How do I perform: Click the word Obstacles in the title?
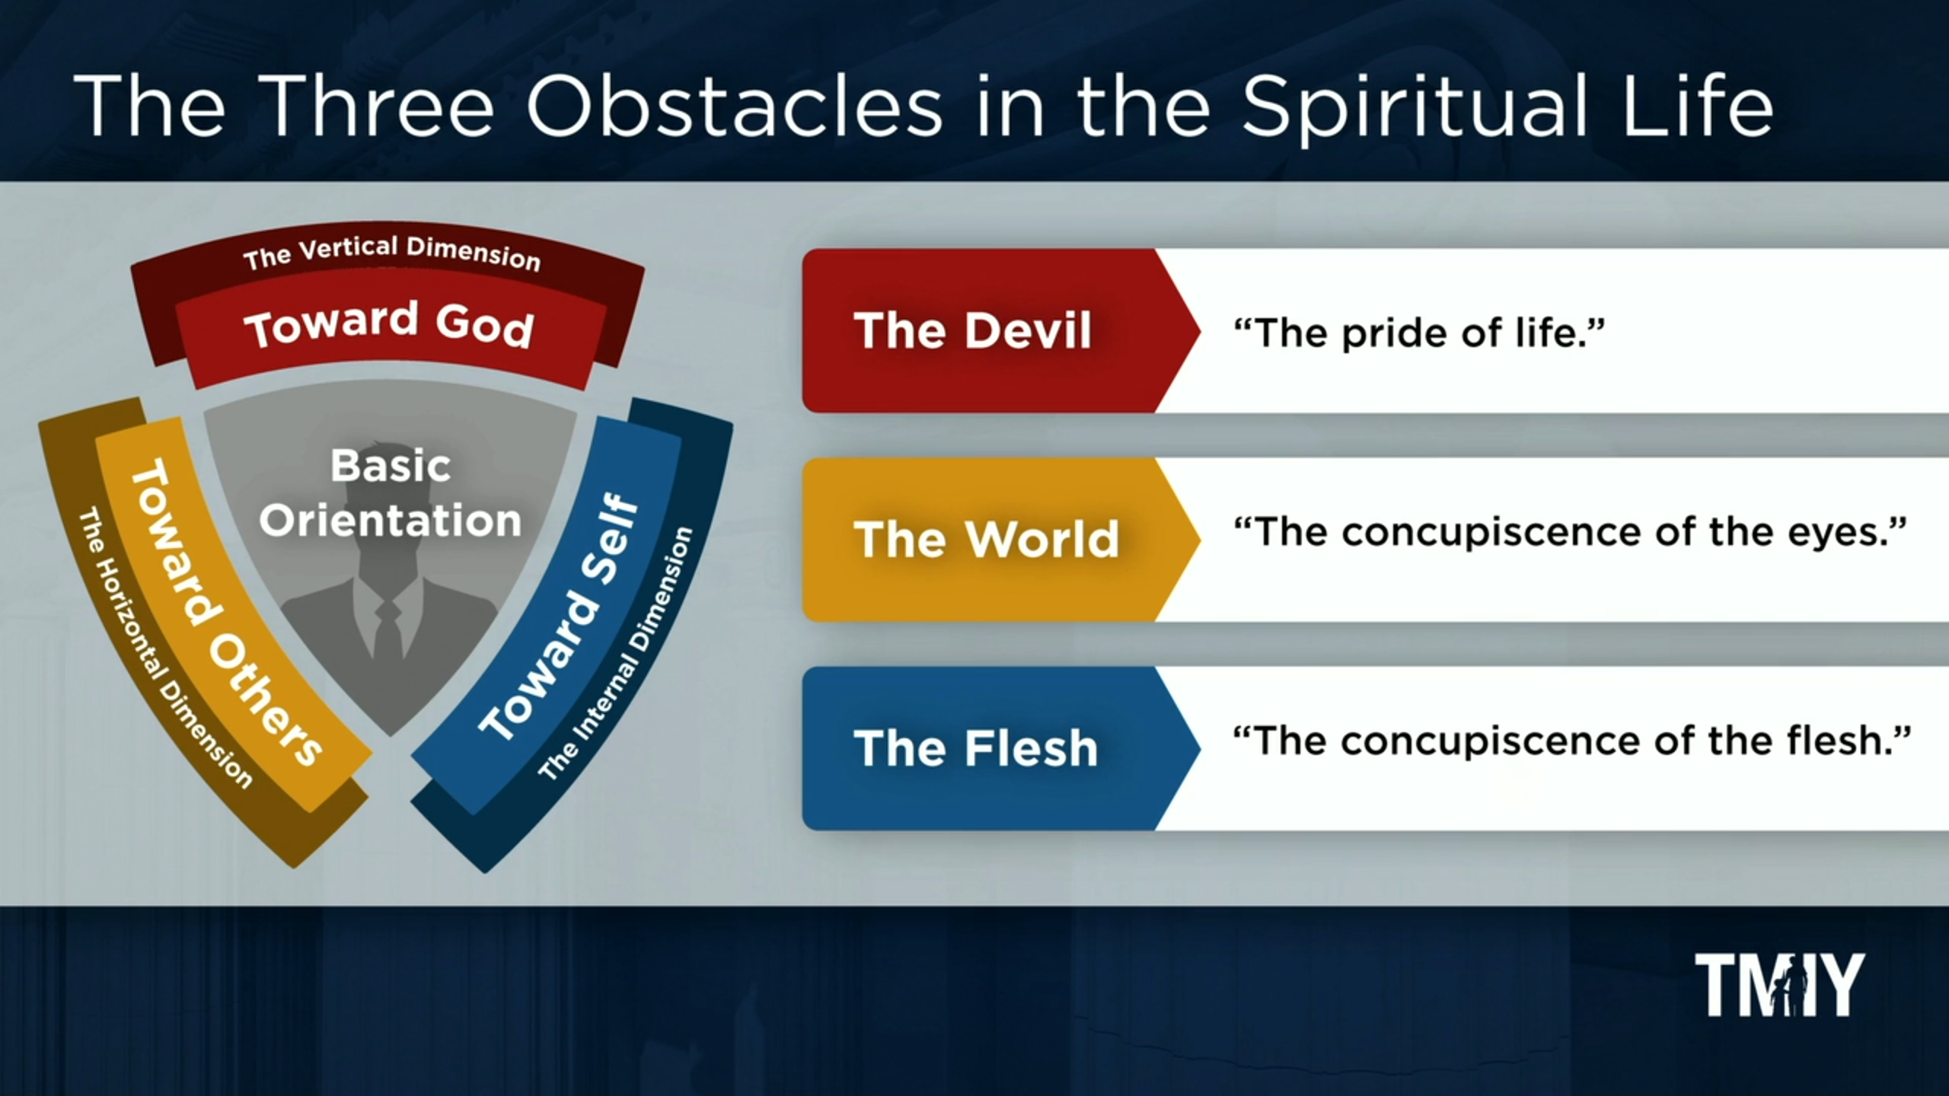[734, 107]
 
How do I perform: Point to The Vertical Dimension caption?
[391, 253]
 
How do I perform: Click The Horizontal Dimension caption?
[164, 647]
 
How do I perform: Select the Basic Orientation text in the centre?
[391, 493]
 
